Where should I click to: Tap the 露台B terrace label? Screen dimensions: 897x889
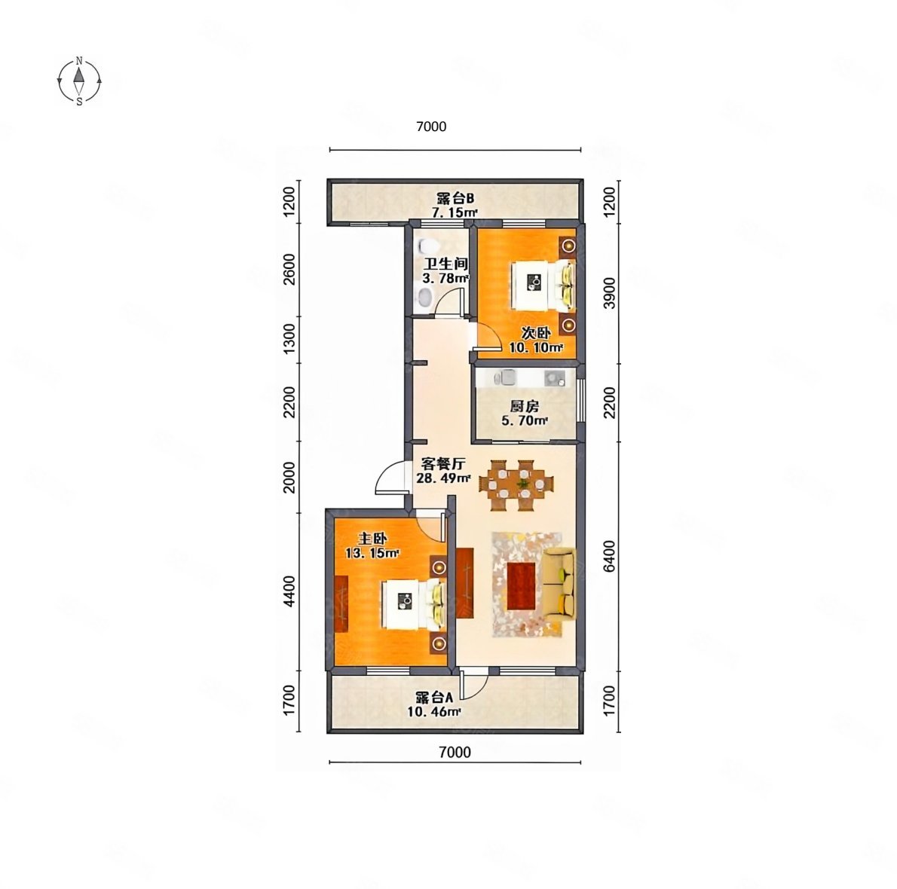pos(455,199)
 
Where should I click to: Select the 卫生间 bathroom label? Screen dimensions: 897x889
pos(446,264)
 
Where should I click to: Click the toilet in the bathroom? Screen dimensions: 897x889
pos(427,246)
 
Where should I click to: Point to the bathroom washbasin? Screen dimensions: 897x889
pos(425,298)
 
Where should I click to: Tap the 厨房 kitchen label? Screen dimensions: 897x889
pos(524,407)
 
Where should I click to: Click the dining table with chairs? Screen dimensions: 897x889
pos(516,485)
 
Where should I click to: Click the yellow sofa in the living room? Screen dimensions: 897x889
pos(559,583)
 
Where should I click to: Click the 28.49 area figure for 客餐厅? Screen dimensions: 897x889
pos(443,478)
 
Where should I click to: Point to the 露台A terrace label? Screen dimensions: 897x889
pos(434,698)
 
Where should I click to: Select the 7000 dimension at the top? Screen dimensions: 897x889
pos(430,127)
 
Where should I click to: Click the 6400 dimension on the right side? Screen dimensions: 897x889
pos(610,556)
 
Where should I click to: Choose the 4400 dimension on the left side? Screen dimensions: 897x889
pos(289,591)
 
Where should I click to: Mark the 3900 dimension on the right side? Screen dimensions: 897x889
pos(610,293)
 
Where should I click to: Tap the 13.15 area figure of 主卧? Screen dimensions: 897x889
pos(372,553)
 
